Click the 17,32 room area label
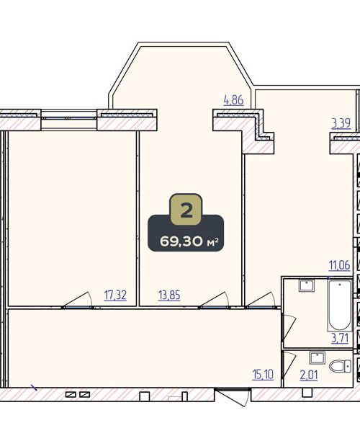[115, 295]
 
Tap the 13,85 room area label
[169, 295]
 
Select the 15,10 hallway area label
[263, 375]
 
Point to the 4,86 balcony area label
[233, 100]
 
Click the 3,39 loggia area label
[341, 123]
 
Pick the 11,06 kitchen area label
[339, 265]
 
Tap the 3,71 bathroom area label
[340, 338]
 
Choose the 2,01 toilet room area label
[309, 375]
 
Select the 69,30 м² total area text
[189, 241]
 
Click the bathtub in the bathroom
[340, 306]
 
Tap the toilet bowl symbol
[340, 366]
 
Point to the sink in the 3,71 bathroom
[307, 285]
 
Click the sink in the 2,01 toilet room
[317, 357]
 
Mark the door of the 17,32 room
[78, 300]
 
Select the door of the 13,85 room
[215, 300]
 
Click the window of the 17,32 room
[69, 118]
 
